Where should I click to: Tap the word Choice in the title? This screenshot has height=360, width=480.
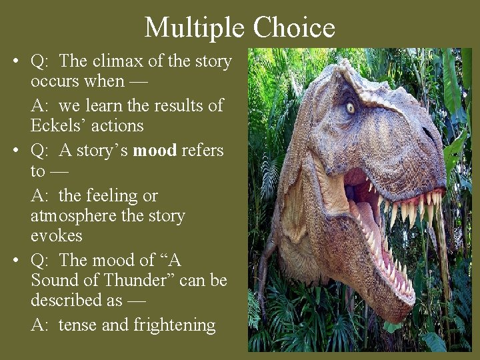[293, 27]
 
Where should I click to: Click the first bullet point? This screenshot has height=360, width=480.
[15, 63]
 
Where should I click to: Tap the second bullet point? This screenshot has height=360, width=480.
[15, 151]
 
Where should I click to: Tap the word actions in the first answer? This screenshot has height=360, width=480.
[120, 125]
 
